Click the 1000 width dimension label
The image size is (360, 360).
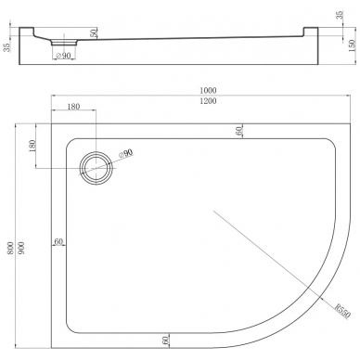coord(208,90)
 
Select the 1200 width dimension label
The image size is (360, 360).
coord(208,101)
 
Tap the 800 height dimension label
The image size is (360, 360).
coord(10,248)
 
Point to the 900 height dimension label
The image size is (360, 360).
coord(21,248)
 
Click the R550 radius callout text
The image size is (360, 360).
coord(342,311)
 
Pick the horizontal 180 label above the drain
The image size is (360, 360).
coord(73,107)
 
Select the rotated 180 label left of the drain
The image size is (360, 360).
coord(32,146)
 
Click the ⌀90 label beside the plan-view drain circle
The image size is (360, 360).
coord(125,154)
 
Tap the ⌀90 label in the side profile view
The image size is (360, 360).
coord(63,56)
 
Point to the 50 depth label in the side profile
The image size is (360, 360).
coord(94,33)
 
